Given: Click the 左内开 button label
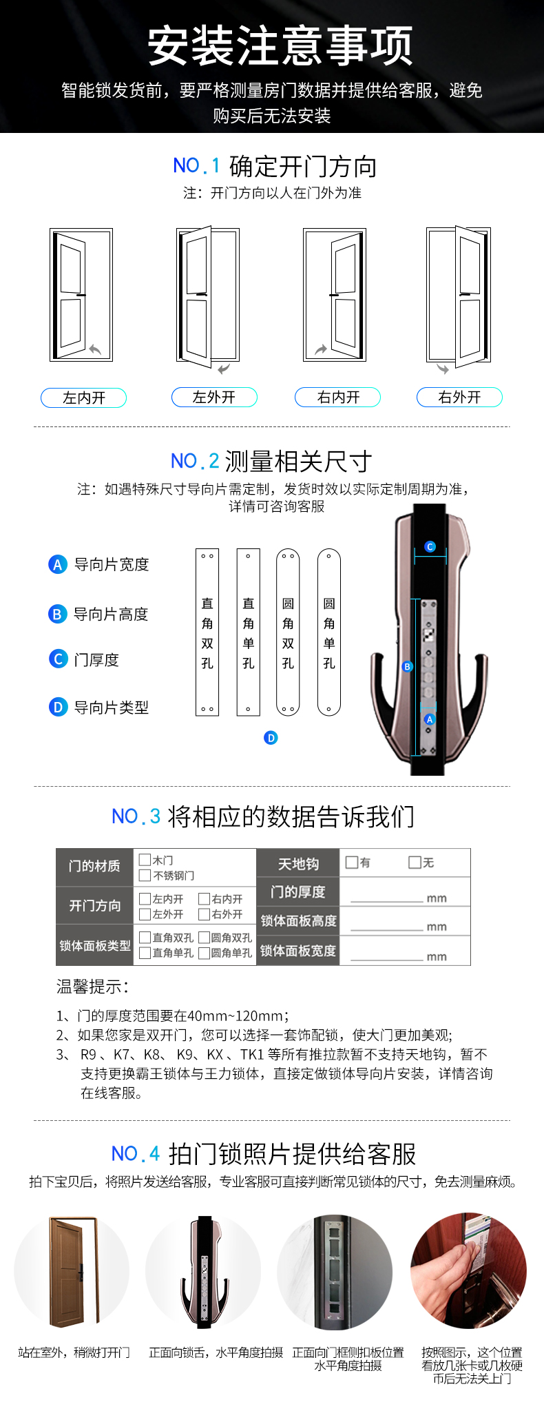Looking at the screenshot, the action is tap(83, 398).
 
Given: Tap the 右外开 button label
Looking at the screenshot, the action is tap(459, 398).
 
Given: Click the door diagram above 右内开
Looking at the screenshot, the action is tap(335, 295).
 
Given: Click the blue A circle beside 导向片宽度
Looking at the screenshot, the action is tap(58, 564).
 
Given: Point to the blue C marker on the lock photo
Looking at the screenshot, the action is tap(430, 546).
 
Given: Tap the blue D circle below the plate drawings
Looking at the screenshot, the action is tap(271, 738).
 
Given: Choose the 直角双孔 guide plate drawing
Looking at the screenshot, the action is tap(207, 632).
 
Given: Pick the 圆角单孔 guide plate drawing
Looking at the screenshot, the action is tap(329, 632).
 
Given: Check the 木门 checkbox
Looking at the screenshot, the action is tap(145, 860).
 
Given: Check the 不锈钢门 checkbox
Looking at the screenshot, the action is tap(145, 875).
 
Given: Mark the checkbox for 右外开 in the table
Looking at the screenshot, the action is tap(204, 914).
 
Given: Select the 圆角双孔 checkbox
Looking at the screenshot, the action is tap(204, 938).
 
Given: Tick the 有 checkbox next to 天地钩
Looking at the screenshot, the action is tap(352, 862).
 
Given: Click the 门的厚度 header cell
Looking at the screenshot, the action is tap(298, 891).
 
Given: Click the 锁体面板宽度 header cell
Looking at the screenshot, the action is tap(298, 951).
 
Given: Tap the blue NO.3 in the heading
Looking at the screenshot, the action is tap(136, 817).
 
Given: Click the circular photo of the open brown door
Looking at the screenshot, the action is tap(72, 1271).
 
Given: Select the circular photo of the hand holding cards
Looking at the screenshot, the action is tap(469, 1271).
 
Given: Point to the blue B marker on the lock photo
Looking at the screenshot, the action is tap(408, 667).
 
